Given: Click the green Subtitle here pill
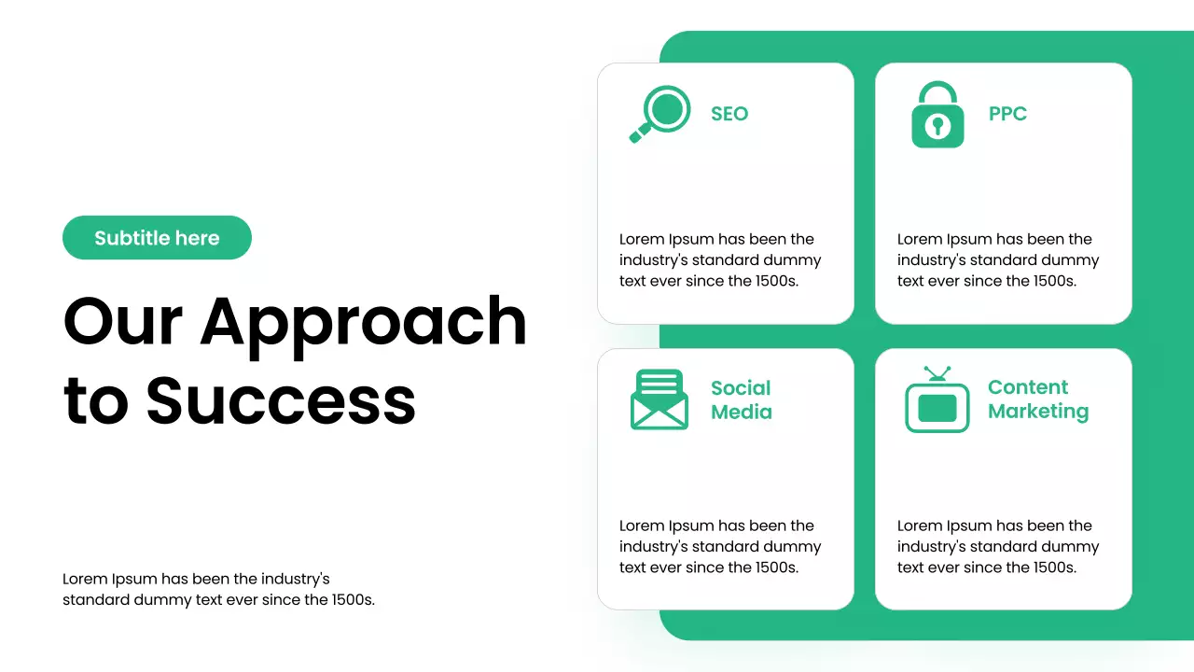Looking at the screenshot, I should coord(157,238).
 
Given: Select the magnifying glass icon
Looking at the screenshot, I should coord(660,114).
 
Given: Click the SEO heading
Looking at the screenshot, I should coord(729,114).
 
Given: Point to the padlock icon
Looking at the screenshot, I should coord(937,116).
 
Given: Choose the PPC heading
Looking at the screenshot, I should coord(1007,114).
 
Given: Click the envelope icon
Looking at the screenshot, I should coord(659,400).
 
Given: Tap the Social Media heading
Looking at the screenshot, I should coord(742,399).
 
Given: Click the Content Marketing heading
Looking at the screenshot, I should coord(1038,399).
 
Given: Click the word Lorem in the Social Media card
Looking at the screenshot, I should coord(642,525).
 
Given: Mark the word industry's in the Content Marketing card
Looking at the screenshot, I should coord(933,547).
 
